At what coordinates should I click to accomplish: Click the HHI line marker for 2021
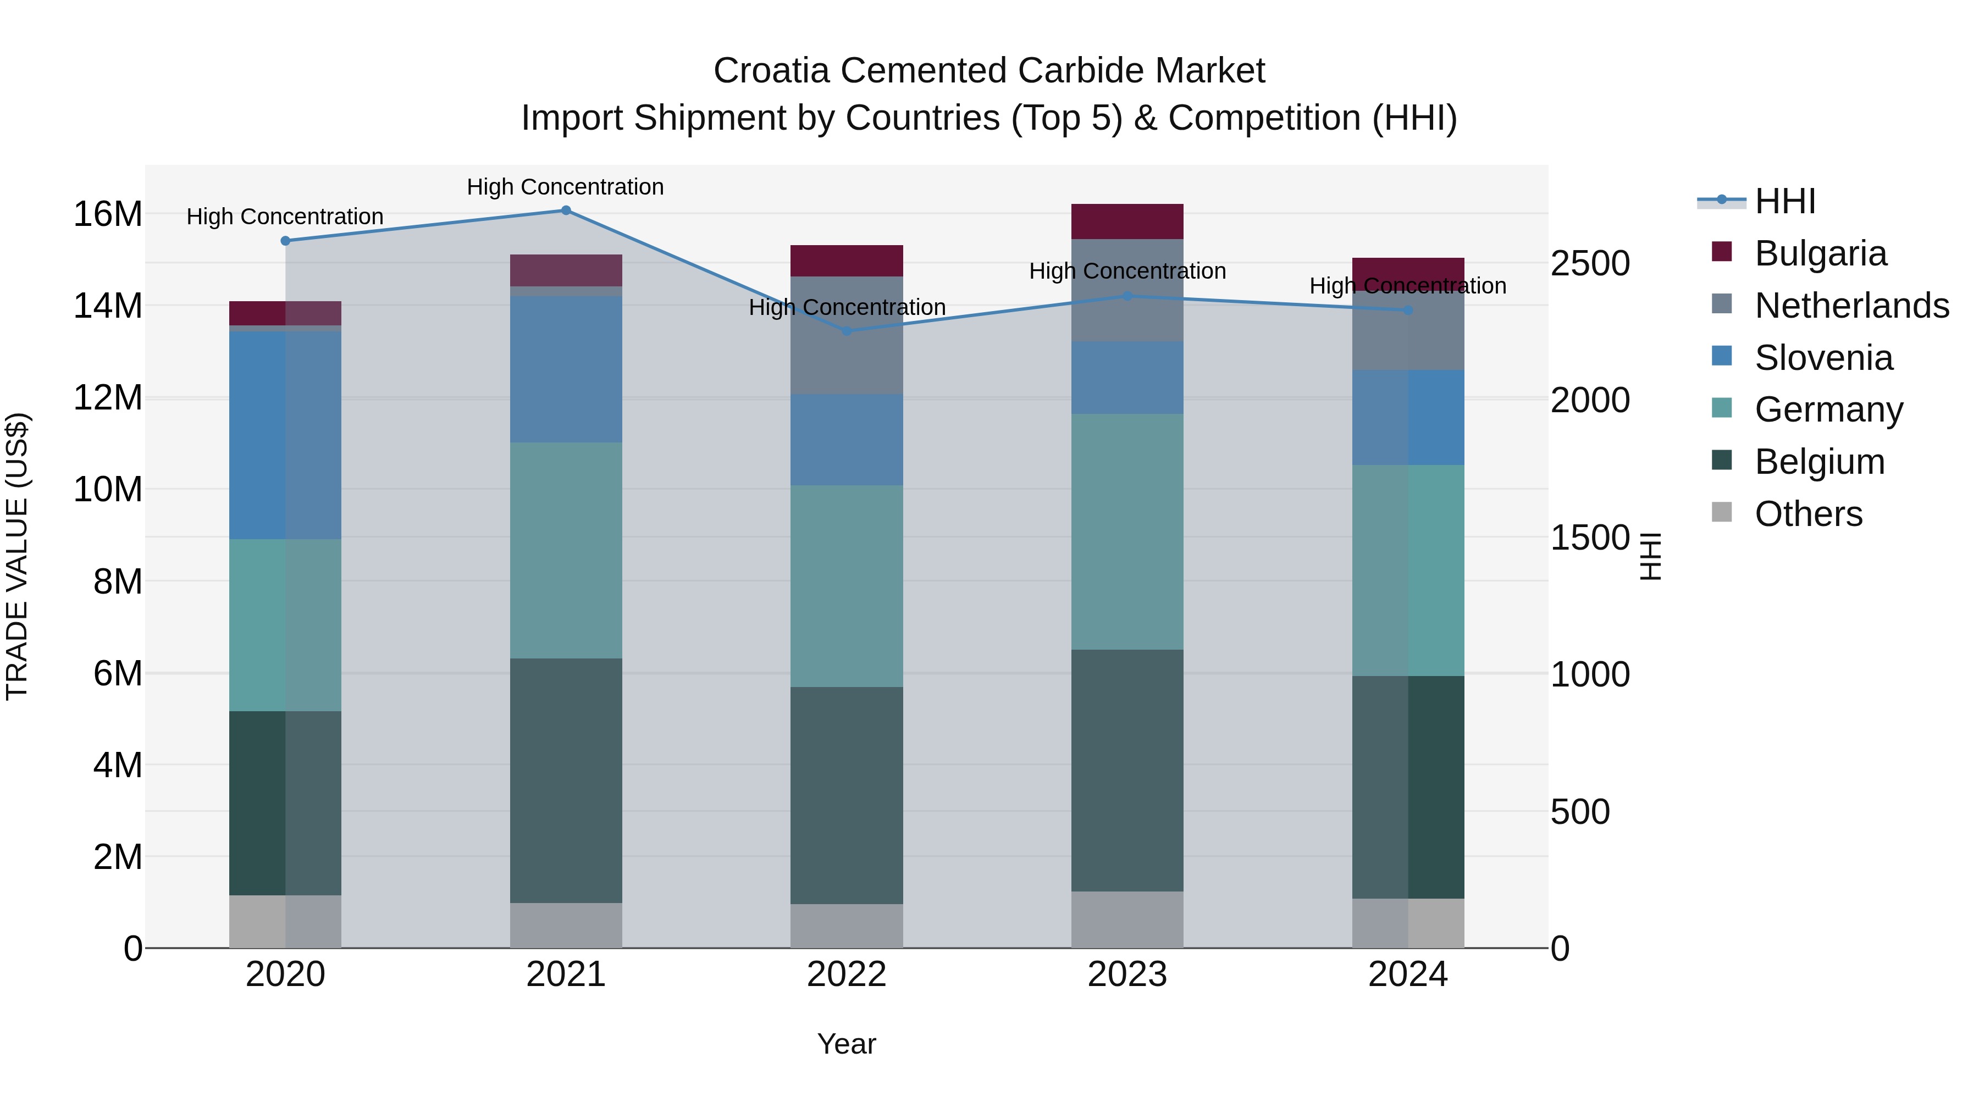pos(566,211)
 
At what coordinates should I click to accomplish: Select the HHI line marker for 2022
pos(847,331)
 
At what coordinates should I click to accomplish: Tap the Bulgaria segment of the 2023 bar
pos(1127,221)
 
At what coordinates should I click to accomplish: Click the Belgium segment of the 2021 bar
pos(566,779)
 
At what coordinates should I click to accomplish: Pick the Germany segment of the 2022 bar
pos(847,585)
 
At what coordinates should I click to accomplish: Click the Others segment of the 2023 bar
pos(1127,920)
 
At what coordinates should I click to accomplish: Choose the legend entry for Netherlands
pos(1851,306)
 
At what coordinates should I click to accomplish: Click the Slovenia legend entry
pos(1824,358)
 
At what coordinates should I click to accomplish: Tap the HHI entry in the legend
pos(1784,201)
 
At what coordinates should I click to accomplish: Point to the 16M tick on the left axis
pos(108,214)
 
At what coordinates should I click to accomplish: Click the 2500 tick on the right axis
pos(1589,263)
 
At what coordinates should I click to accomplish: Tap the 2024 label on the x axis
pos(1407,974)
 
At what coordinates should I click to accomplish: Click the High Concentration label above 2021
pos(566,187)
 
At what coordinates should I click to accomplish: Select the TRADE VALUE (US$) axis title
pos(17,556)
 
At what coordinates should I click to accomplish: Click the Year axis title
pos(847,1044)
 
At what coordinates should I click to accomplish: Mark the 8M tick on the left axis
pos(118,582)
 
